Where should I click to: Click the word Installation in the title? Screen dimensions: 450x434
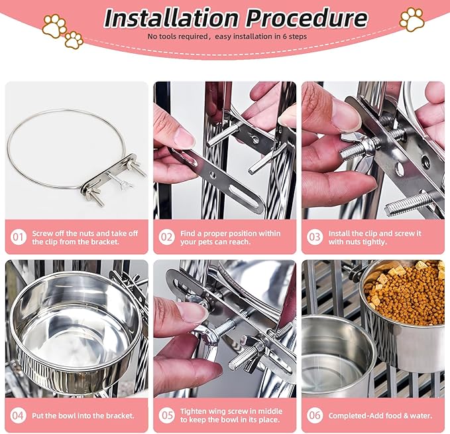click(172, 18)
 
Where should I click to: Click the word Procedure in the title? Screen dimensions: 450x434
click(306, 18)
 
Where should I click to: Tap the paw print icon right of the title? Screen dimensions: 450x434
click(412, 19)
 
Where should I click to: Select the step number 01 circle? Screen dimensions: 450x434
click(19, 237)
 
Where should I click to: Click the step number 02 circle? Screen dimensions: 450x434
click(167, 237)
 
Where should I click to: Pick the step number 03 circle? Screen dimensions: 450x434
click(315, 237)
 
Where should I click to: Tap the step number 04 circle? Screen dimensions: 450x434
click(19, 415)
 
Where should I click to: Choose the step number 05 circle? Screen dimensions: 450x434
click(167, 415)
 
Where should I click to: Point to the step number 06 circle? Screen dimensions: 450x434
click(315, 415)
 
